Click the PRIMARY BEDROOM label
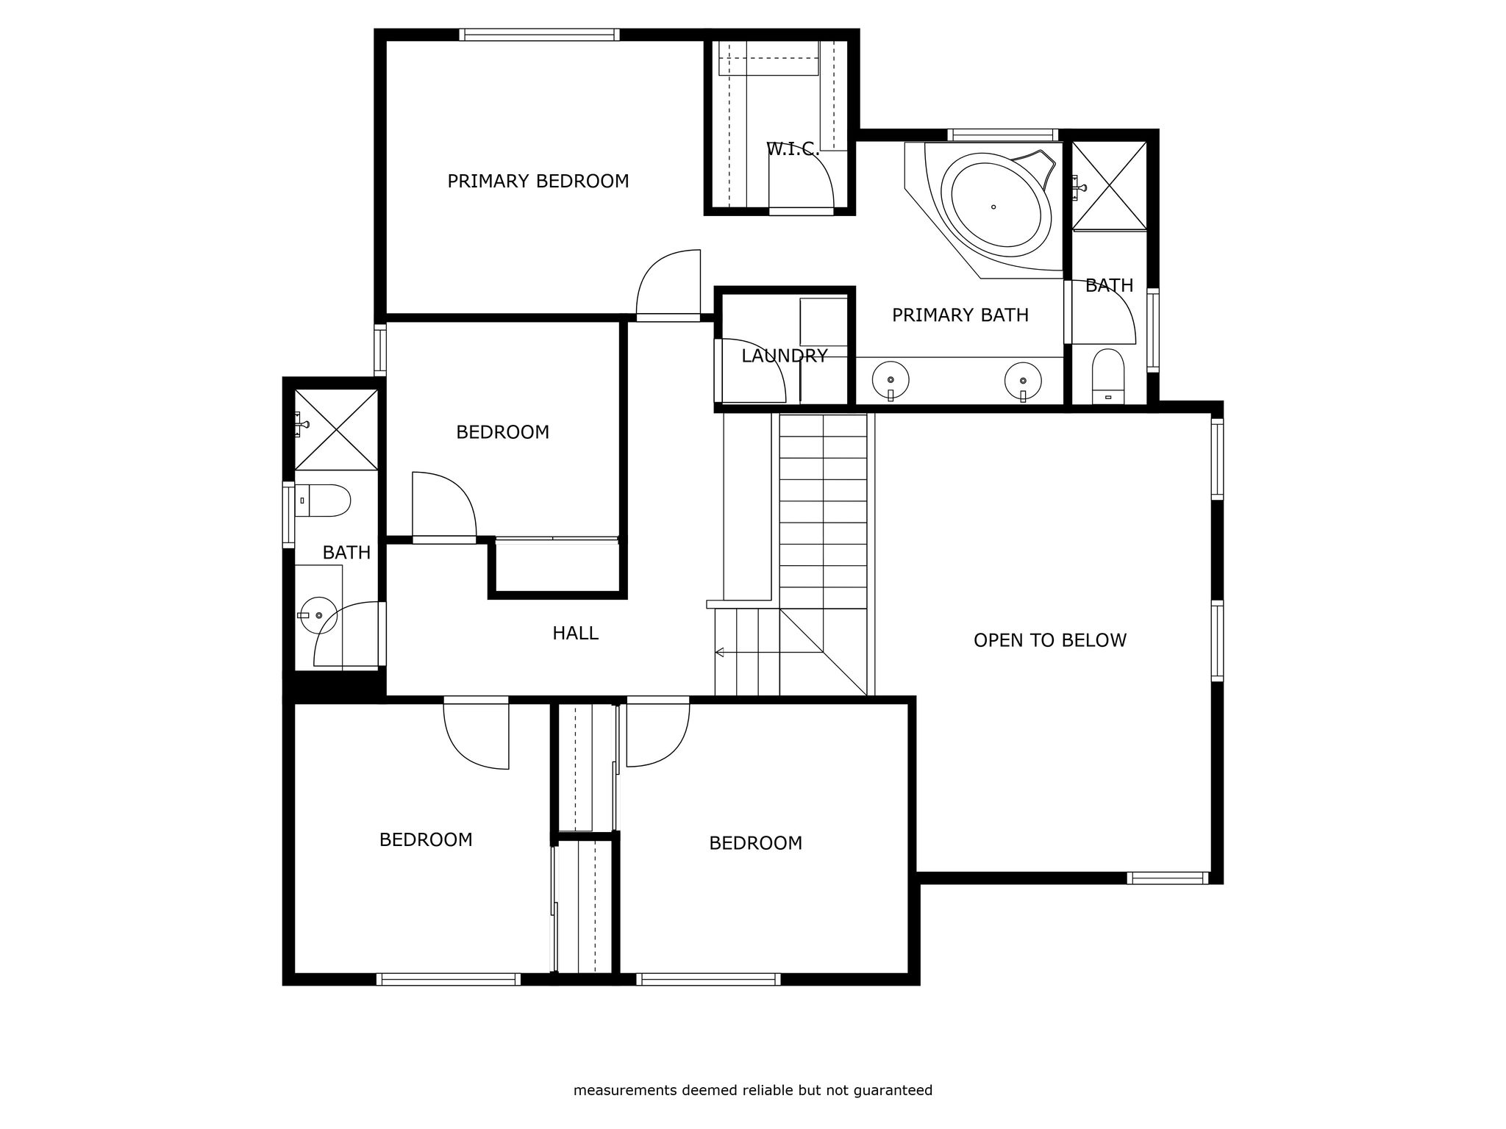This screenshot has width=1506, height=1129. pyautogui.click(x=538, y=181)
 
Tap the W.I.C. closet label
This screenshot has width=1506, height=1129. pyautogui.click(x=793, y=149)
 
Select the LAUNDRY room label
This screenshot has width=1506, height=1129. pyautogui.click(x=785, y=356)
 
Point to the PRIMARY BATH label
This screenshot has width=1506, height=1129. pyautogui.click(x=960, y=315)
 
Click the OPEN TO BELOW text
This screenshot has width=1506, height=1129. pyautogui.click(x=1050, y=640)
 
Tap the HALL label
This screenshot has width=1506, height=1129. pyautogui.click(x=576, y=633)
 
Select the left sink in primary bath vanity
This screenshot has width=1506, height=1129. pyautogui.click(x=891, y=380)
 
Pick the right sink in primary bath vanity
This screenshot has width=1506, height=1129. pyautogui.click(x=1023, y=380)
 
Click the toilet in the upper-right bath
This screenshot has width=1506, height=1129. pyautogui.click(x=1108, y=376)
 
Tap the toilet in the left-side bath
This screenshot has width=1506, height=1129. pyautogui.click(x=323, y=501)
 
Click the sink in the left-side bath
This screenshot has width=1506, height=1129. pyautogui.click(x=318, y=615)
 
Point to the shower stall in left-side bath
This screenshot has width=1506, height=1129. pyautogui.click(x=336, y=430)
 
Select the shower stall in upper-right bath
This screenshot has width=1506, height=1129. pyautogui.click(x=1110, y=185)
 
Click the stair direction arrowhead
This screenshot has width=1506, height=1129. pyautogui.click(x=720, y=652)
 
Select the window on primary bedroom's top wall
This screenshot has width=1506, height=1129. pyautogui.click(x=540, y=35)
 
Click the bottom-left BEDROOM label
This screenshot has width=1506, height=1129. pyautogui.click(x=426, y=839)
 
